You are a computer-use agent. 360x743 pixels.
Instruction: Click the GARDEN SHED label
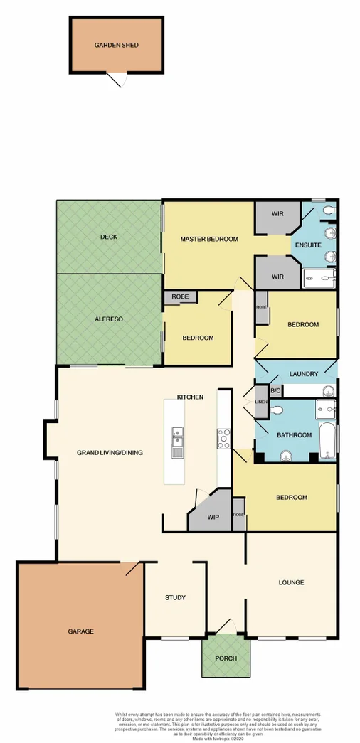[116, 45]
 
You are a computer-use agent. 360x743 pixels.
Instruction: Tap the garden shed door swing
[118, 80]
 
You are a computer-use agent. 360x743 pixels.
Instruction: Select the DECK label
[107, 237]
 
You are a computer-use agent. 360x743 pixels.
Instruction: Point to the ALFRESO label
[107, 319]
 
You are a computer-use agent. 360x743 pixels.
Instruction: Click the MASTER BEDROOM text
[208, 239]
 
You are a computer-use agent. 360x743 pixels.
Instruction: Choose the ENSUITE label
[308, 245]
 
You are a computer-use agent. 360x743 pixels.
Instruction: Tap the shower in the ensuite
[321, 278]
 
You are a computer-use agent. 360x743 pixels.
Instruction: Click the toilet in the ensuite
[329, 211]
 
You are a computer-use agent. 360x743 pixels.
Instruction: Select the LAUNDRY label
[304, 374]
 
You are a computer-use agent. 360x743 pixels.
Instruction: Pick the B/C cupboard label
[275, 390]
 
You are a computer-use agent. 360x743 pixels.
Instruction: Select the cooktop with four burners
[223, 439]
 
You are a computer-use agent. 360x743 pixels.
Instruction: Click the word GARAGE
[81, 631]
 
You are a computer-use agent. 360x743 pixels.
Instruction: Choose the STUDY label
[175, 597]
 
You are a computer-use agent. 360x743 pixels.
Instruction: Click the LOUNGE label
[291, 582]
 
